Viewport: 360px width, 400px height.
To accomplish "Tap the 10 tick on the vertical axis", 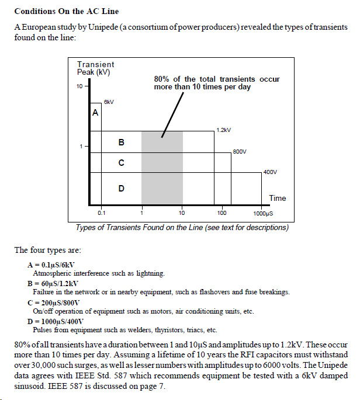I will click(79, 86).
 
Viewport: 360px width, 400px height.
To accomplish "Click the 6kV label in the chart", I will click(108, 102).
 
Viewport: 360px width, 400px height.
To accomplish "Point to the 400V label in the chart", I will click(270, 172).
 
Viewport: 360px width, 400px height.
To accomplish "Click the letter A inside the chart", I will click(95, 113).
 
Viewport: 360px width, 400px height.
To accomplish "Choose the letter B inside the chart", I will click(121, 142).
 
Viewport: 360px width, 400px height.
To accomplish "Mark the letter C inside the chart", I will click(121, 163).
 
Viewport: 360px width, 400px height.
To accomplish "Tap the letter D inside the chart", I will click(121, 188).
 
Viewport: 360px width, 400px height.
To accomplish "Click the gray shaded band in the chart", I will click(162, 169).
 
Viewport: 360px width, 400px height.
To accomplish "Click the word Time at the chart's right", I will click(278, 198).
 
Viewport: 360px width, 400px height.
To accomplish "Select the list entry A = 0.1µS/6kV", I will click(51, 265).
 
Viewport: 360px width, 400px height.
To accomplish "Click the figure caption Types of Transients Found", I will click(182, 227).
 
